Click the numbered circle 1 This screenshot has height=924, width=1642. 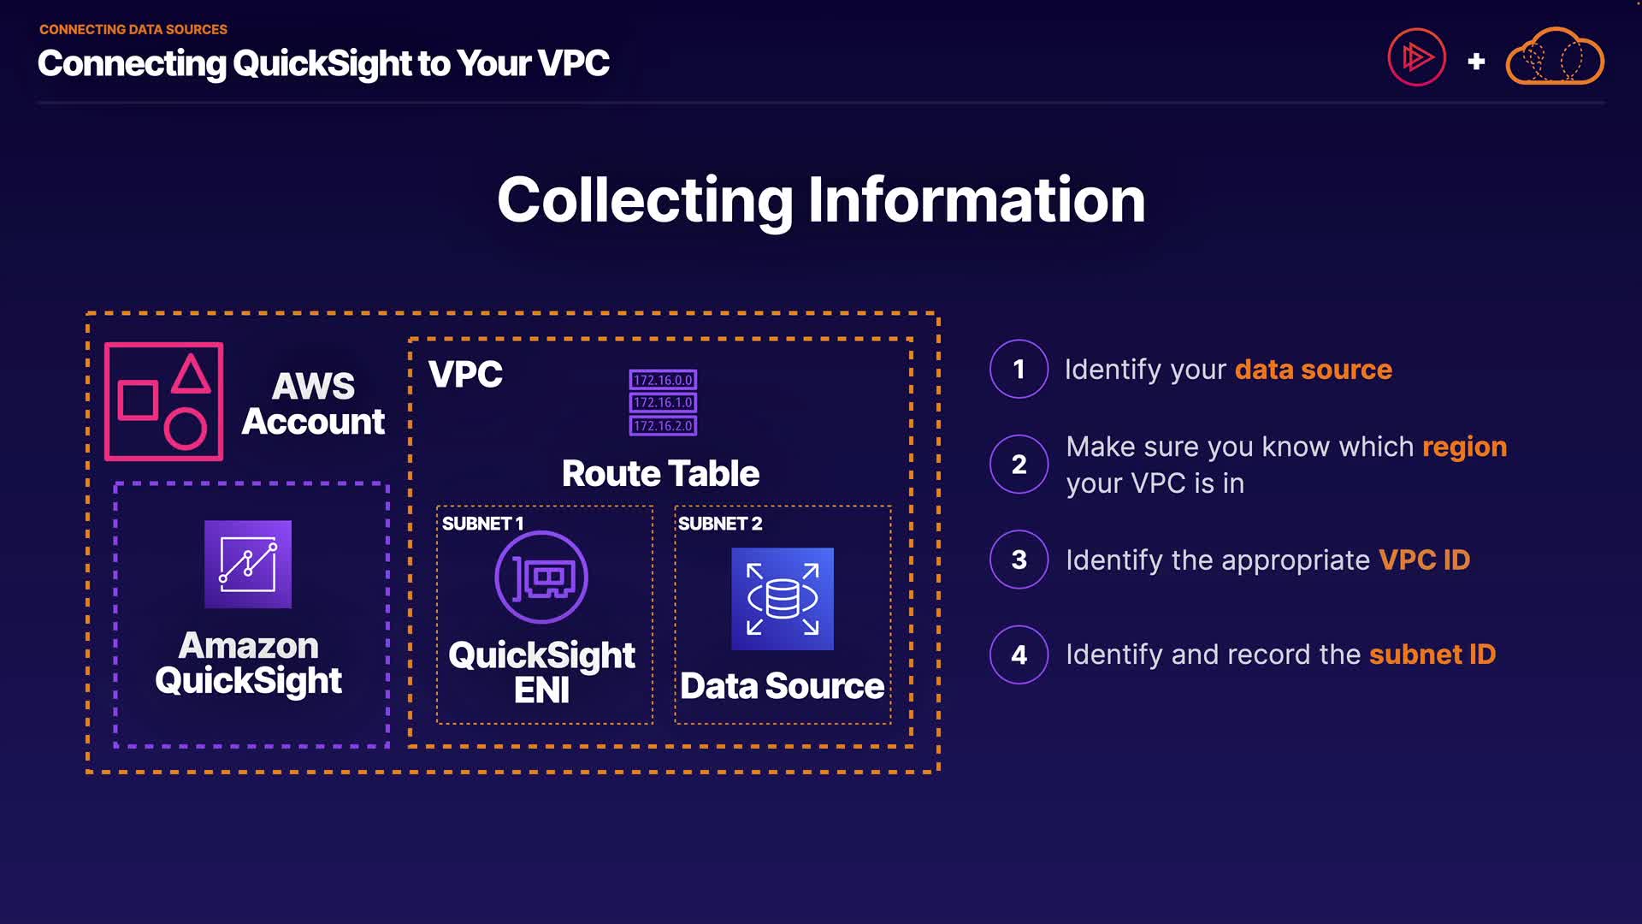coord(1019,369)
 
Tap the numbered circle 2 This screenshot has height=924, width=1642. coord(1019,465)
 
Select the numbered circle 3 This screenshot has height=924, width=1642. coord(1019,560)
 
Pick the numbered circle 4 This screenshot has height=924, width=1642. coord(1019,654)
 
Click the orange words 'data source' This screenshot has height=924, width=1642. coord(1313,370)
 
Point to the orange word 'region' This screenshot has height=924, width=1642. coord(1464,447)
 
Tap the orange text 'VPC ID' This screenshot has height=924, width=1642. coord(1424,560)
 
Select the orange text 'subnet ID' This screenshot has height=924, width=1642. coord(1432,654)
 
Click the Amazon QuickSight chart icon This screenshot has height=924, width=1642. coord(248,565)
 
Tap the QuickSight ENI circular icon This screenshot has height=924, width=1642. coord(541,577)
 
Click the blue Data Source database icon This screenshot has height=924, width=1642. coord(783,599)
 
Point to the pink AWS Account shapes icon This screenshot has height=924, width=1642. coord(164,401)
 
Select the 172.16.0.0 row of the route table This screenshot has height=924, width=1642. coord(663,380)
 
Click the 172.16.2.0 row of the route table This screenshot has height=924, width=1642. coord(663,425)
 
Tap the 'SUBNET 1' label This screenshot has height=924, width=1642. coord(482,524)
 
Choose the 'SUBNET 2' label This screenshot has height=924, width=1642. coord(719,524)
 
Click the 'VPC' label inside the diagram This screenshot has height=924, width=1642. coord(465,374)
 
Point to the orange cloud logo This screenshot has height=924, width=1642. coord(1555,57)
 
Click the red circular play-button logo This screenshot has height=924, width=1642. coord(1416,57)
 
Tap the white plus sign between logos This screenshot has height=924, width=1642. coord(1476,62)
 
